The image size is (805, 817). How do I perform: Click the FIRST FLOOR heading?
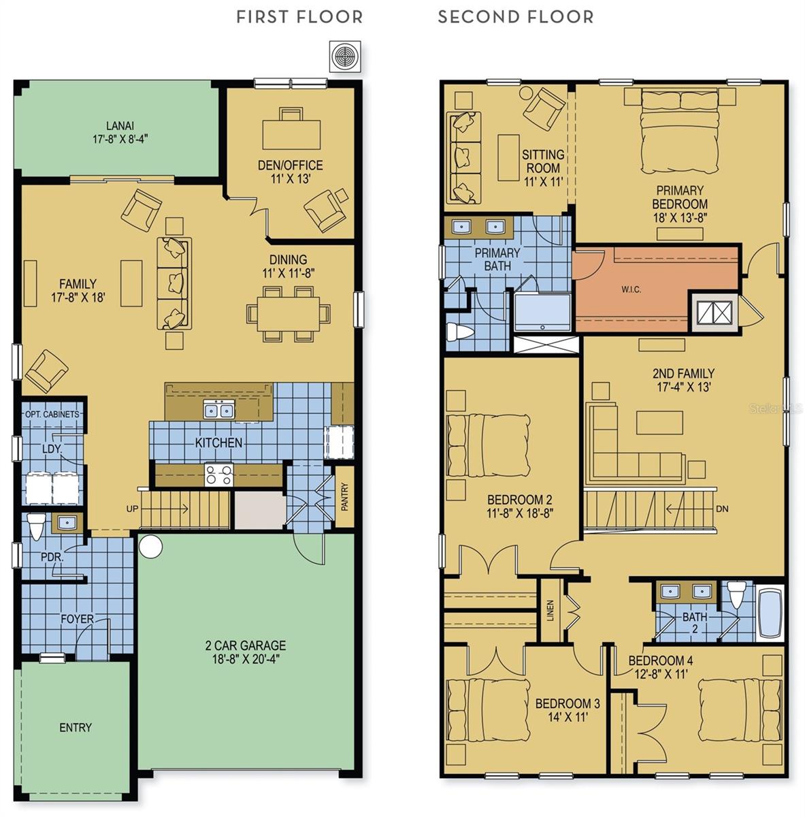click(299, 17)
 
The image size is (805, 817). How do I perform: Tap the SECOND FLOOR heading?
click(515, 17)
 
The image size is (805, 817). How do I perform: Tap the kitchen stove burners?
click(219, 474)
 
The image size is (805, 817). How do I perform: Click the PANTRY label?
click(344, 496)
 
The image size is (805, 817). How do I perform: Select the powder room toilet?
click(37, 528)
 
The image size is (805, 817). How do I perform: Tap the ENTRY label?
click(75, 727)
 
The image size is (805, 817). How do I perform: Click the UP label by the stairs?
click(133, 509)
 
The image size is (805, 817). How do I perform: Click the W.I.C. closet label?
click(631, 289)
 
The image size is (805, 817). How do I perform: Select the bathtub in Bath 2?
click(770, 611)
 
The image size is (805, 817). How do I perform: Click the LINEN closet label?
click(551, 610)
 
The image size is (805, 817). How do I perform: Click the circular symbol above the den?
click(344, 56)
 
